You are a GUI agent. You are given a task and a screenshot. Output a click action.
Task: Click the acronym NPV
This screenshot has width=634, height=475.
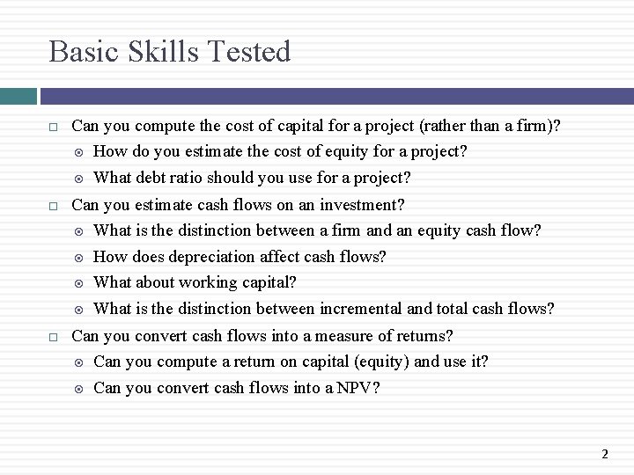coord(357,388)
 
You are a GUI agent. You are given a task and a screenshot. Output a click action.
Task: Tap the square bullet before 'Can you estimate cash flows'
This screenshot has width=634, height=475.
coord(54,206)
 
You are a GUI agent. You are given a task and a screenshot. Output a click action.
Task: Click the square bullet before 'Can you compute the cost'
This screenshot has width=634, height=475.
coord(54,127)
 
